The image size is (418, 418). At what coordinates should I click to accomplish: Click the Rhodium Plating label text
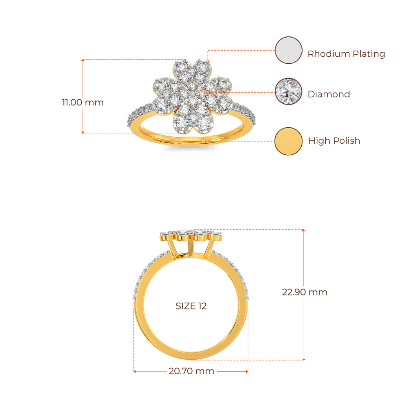[346, 53]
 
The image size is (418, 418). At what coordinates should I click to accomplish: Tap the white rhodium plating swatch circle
[289, 50]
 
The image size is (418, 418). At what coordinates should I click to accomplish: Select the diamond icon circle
[289, 91]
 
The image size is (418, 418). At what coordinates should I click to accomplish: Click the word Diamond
[329, 94]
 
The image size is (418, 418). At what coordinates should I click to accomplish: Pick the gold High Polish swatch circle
[289, 141]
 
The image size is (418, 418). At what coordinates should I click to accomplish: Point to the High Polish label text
[334, 141]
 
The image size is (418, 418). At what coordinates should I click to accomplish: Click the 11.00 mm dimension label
[82, 102]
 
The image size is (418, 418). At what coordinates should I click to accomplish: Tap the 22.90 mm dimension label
[305, 292]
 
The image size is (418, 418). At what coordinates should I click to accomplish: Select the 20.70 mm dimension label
[191, 371]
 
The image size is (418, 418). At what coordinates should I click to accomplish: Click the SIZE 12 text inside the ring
[191, 306]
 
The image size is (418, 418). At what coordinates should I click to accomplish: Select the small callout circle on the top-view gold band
[203, 141]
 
